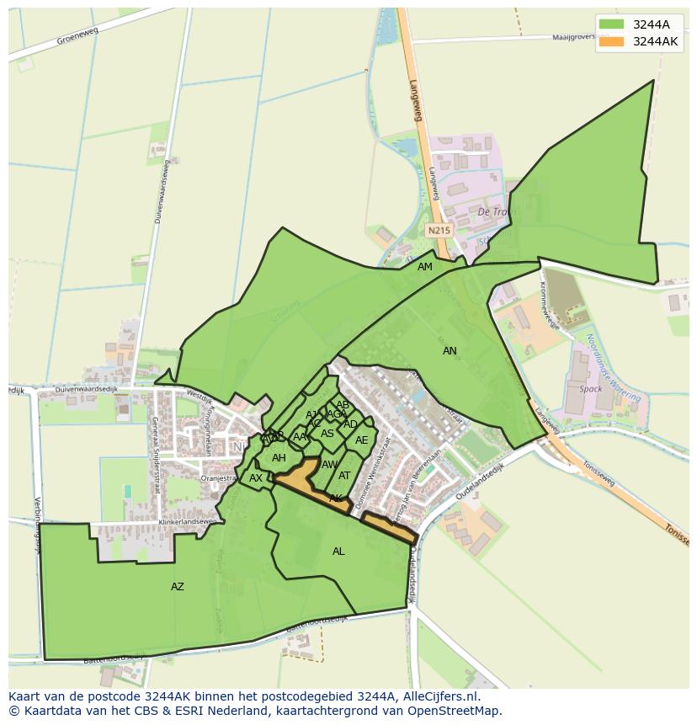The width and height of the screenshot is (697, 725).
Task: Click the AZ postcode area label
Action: tap(177, 587)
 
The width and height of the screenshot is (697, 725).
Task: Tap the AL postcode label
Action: tap(338, 552)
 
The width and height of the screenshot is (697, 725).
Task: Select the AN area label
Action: tap(450, 351)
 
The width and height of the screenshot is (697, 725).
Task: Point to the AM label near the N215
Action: tap(425, 267)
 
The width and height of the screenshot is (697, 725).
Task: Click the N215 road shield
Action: tap(439, 230)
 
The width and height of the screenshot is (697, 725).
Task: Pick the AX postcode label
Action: tap(256, 478)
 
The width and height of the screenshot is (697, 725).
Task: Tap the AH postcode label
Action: tap(279, 458)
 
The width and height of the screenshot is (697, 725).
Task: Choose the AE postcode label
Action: tap(361, 440)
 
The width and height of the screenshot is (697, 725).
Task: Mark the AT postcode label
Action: tap(344, 476)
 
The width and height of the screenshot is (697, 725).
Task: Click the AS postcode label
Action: tap(327, 434)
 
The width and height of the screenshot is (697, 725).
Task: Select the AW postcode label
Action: tap(329, 465)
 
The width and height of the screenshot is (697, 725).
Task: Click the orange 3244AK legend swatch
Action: tap(612, 41)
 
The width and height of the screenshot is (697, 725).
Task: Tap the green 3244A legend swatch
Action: tap(612, 24)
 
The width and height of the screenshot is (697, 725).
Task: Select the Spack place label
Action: tap(591, 389)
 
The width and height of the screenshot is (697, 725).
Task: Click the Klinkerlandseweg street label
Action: tap(188, 523)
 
